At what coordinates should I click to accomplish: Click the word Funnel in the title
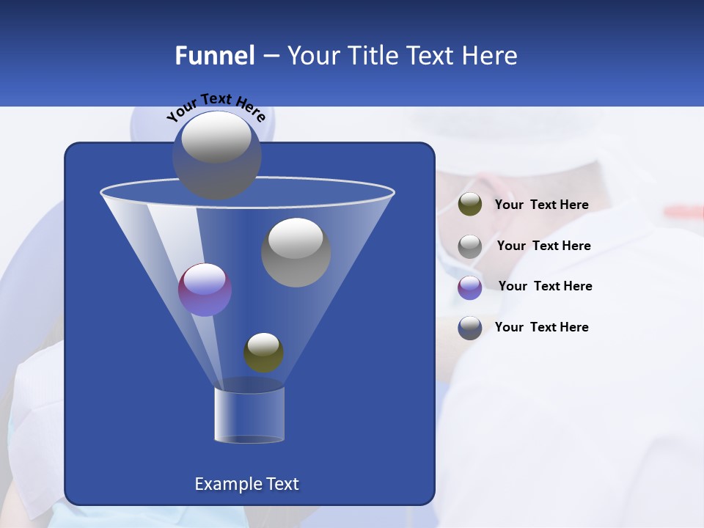(214, 56)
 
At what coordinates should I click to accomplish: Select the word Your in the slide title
(312, 56)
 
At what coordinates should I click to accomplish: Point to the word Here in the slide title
(487, 56)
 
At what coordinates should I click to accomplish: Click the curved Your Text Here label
(216, 107)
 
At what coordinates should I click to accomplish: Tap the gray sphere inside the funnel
(296, 252)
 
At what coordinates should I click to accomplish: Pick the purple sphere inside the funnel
(205, 290)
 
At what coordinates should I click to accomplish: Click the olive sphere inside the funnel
(263, 353)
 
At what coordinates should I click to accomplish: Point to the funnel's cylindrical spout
(249, 415)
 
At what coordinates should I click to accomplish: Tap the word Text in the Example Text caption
(282, 484)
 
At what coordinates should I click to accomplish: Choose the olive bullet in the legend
(470, 205)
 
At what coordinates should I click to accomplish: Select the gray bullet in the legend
(470, 246)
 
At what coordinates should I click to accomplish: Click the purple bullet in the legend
(470, 287)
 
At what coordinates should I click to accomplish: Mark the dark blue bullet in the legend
(470, 328)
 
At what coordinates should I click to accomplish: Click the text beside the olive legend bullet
(541, 205)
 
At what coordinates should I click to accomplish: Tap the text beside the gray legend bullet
(543, 246)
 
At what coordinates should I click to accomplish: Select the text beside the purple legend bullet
(545, 286)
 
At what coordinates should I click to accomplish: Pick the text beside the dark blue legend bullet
(541, 327)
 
